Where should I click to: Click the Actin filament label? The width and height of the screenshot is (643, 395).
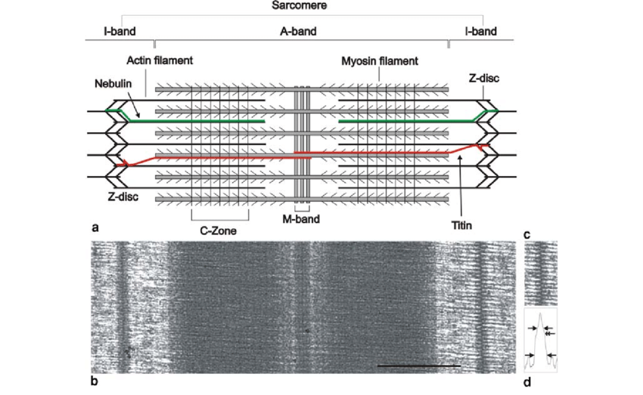coord(161,60)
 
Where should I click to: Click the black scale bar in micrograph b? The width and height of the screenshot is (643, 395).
coord(418,366)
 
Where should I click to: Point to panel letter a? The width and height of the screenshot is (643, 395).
coord(93,226)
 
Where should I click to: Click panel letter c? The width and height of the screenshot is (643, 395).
coord(527,234)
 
